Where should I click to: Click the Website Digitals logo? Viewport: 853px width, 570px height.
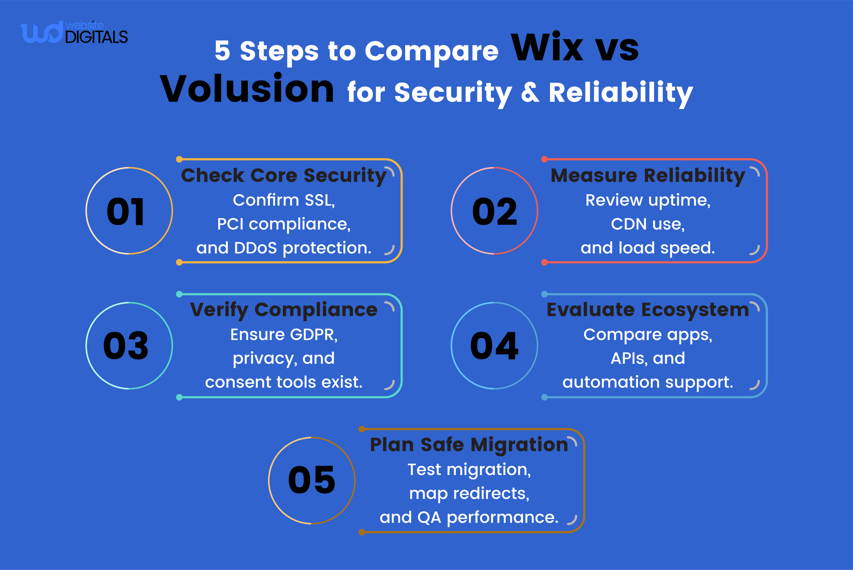point(74,33)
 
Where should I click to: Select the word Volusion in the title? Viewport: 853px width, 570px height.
point(247,89)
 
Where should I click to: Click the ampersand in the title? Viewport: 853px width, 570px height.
point(530,93)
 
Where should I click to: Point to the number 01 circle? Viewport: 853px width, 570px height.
point(129,211)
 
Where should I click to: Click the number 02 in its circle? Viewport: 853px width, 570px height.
point(494,212)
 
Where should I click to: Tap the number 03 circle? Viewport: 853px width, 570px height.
point(129,346)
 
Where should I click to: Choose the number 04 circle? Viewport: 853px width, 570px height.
point(494,346)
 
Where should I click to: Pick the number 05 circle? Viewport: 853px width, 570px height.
point(312,480)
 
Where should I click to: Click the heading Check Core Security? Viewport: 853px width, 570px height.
point(284,176)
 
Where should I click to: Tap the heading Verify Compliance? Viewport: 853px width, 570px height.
point(284,310)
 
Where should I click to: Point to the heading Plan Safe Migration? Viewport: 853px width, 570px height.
point(469,445)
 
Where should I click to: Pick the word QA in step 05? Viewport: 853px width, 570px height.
point(429,517)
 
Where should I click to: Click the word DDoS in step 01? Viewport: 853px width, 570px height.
point(255,248)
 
